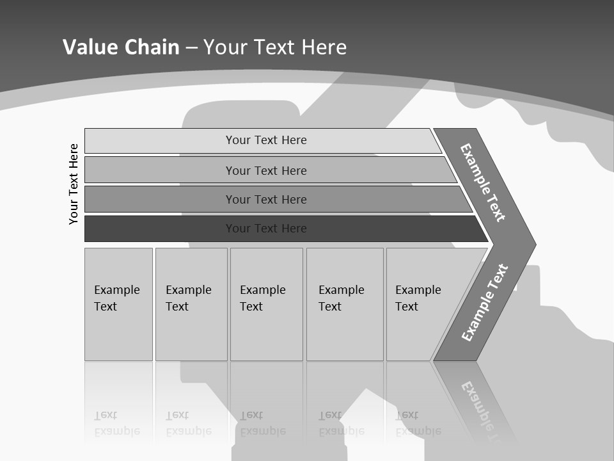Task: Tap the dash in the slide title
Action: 191,47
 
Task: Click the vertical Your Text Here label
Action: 74,184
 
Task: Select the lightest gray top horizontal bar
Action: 265,140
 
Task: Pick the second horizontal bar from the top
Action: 265,170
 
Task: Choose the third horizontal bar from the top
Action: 265,199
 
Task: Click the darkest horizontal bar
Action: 265,229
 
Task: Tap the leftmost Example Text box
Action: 118,304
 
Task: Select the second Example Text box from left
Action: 191,304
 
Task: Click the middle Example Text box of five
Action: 265,304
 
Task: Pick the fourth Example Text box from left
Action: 344,304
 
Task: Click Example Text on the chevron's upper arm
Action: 483,182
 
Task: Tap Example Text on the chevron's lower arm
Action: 485,303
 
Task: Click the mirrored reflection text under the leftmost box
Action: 117,423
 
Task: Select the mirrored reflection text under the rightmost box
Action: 418,423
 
